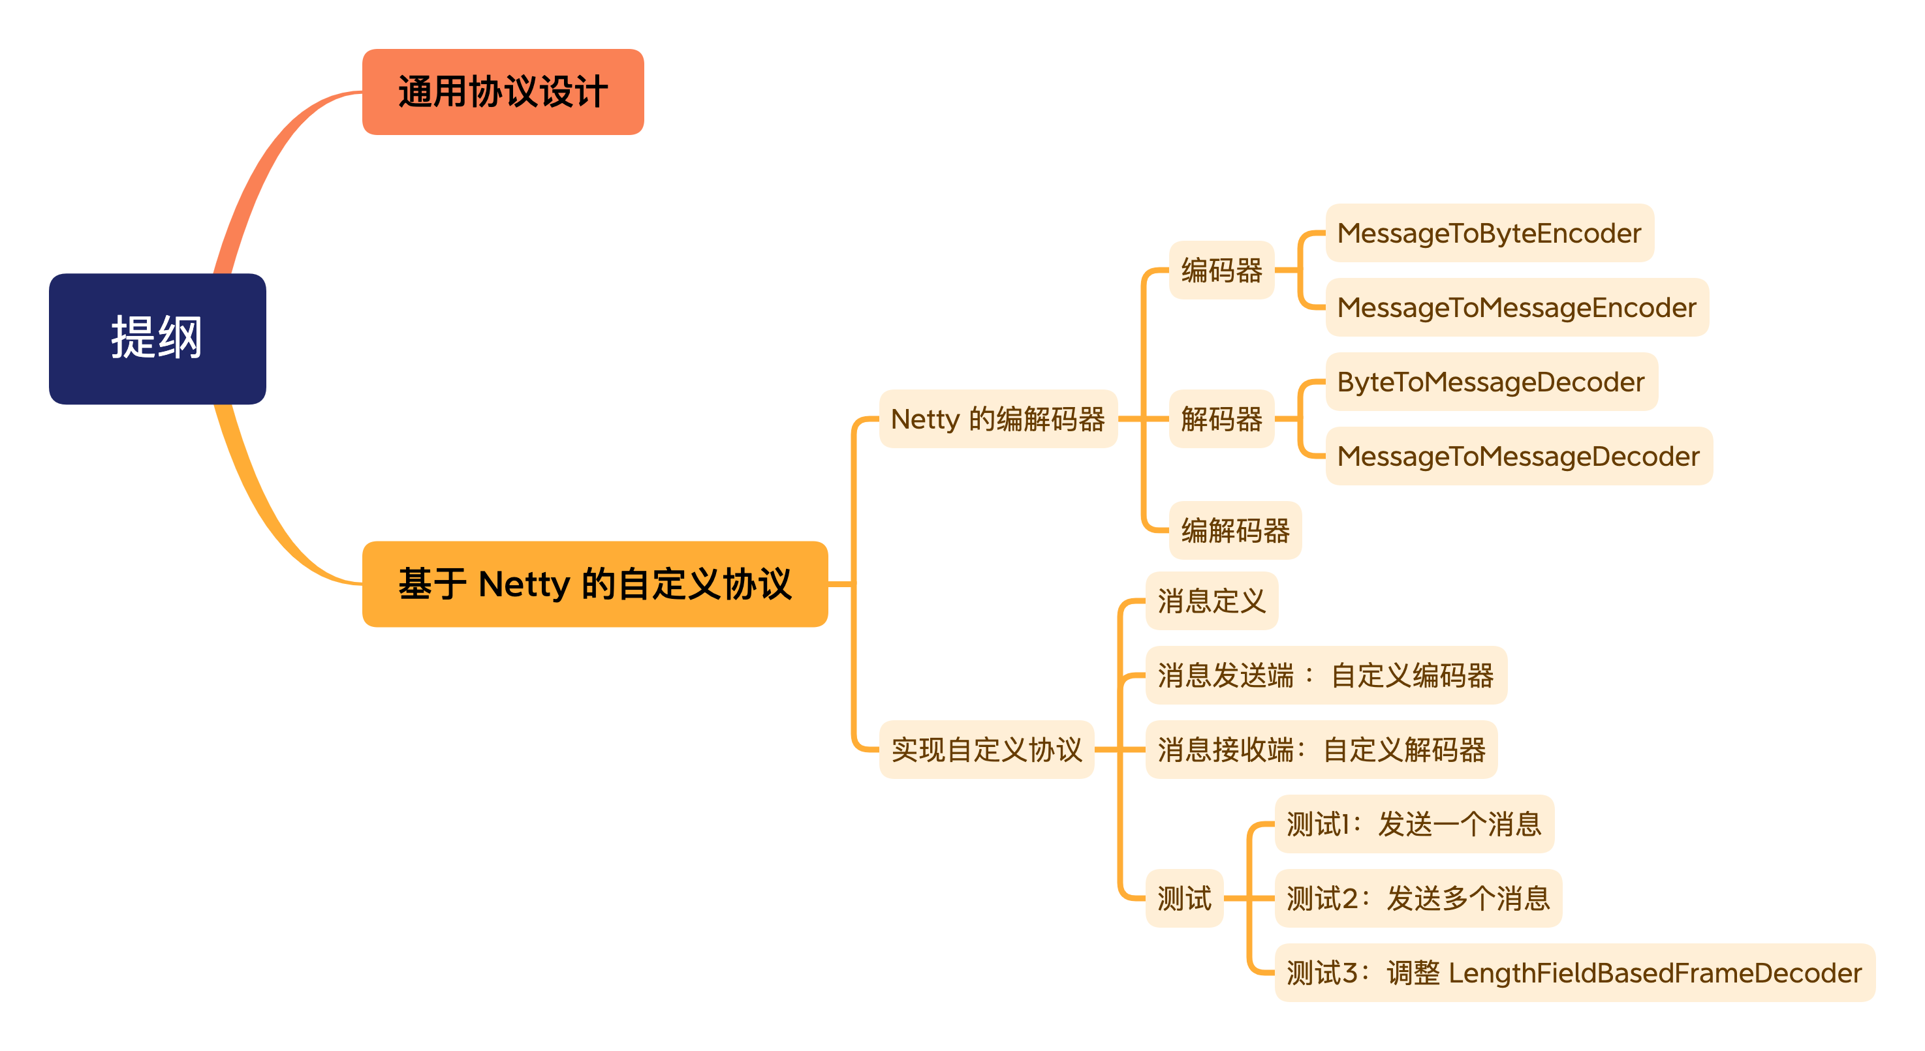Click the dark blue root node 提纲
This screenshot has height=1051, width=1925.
[x=157, y=339]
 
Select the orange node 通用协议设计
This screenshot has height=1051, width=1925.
[x=502, y=92]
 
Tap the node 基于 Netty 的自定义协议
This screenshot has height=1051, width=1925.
[x=594, y=583]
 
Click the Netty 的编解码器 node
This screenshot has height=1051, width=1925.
[x=997, y=419]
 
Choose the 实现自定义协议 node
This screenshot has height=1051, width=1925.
[x=986, y=749]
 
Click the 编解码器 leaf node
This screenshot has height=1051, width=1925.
[x=1234, y=530]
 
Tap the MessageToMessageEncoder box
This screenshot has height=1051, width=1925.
[x=1516, y=307]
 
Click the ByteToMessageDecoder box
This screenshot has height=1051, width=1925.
[x=1491, y=382]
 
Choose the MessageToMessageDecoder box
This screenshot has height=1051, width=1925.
[x=1518, y=455]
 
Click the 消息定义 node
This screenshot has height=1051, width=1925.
[x=1211, y=601]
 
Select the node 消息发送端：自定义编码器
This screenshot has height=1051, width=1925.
[x=1325, y=675]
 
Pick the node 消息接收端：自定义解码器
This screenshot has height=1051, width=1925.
[x=1321, y=749]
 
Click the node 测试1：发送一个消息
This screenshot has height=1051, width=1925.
[x=1413, y=824]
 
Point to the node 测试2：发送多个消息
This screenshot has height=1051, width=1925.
[x=1417, y=898]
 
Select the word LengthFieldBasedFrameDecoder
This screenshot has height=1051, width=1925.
[x=1655, y=973]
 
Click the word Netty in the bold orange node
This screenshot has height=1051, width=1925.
[x=524, y=583]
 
